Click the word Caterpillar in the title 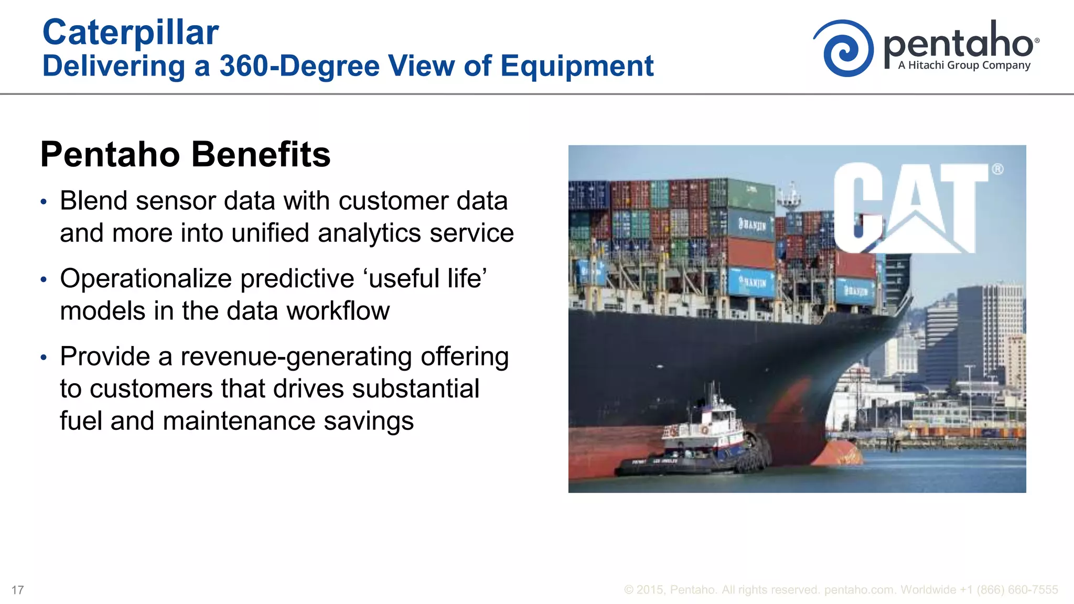[130, 33]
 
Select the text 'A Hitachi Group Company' [964, 66]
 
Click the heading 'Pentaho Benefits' [185, 155]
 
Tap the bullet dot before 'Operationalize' [44, 280]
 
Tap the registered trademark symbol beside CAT [997, 169]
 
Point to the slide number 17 [17, 590]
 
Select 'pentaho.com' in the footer [859, 590]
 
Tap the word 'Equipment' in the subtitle [577, 67]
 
